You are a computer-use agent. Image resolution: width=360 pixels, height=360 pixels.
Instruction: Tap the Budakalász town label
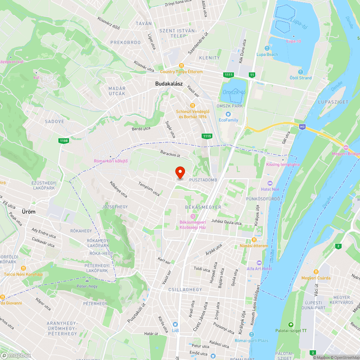[169, 84]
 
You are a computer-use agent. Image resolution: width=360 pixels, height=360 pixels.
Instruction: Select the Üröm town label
[28, 212]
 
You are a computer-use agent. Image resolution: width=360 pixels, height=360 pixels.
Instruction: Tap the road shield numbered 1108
[64, 141]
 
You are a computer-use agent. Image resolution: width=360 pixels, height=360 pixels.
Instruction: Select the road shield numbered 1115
[207, 136]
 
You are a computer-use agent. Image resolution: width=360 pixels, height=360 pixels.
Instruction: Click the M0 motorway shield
[302, 126]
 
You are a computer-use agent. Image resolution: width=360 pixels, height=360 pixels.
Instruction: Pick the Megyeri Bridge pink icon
[346, 148]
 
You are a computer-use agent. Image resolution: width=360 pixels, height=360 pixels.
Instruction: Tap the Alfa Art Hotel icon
[259, 263]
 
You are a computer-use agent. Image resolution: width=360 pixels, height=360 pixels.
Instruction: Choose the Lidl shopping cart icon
[175, 324]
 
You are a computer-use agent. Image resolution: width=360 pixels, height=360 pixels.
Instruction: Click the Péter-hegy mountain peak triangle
[87, 280]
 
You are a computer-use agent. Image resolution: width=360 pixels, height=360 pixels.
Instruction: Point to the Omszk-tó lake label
[234, 93]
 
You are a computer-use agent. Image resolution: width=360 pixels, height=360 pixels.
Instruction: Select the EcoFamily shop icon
[228, 114]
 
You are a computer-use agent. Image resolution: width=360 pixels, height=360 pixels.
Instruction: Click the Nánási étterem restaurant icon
[254, 240]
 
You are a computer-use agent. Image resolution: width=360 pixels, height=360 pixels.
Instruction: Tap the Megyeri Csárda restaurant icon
[316, 272]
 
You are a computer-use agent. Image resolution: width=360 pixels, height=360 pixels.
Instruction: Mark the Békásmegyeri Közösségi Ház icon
[193, 216]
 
